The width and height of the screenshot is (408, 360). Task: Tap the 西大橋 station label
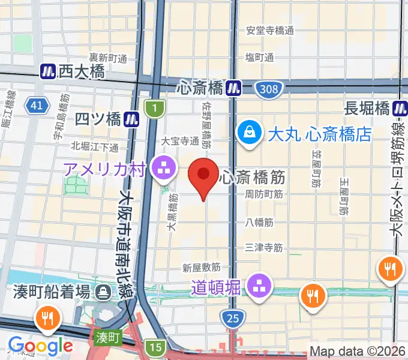point(82,71)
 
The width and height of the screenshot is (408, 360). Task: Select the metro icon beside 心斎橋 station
point(233,88)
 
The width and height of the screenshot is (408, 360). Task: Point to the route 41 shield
point(37,106)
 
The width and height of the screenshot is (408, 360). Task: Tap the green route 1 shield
point(154,109)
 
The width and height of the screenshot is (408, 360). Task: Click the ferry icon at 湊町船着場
point(104,293)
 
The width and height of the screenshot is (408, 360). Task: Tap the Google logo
point(40,346)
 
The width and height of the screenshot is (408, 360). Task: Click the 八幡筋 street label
point(260,222)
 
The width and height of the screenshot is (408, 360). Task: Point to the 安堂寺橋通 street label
point(270,30)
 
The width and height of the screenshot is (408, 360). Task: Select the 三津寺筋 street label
point(264,247)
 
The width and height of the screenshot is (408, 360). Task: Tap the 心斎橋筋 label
point(251,177)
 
